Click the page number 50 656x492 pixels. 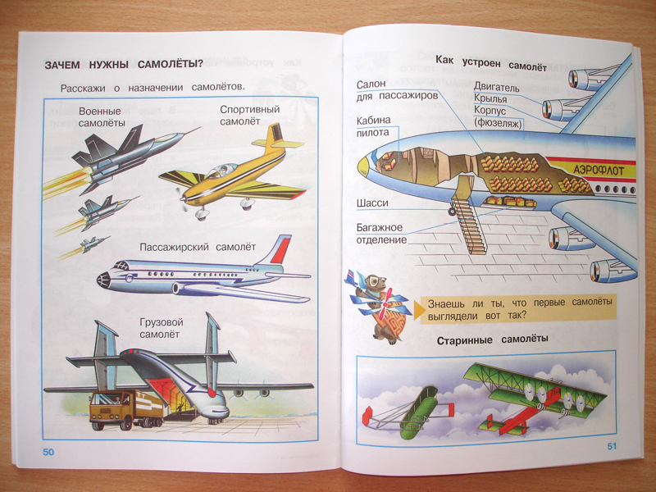point(48,452)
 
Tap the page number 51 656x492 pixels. point(612,446)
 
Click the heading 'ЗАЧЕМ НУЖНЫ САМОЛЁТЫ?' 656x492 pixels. point(124,65)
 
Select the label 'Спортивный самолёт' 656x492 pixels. point(250,116)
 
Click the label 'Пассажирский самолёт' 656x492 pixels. point(198,247)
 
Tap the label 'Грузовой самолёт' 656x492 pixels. point(162,329)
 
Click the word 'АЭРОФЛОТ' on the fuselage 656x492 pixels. point(599,170)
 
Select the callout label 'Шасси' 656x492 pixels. point(372,203)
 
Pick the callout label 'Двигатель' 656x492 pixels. point(497,88)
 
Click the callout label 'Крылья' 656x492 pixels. point(490,99)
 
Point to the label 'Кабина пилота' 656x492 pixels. point(374,126)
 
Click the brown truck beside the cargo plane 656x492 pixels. point(126,409)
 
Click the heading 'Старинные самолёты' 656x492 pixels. point(493,339)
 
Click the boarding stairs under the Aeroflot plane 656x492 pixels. point(470,215)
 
